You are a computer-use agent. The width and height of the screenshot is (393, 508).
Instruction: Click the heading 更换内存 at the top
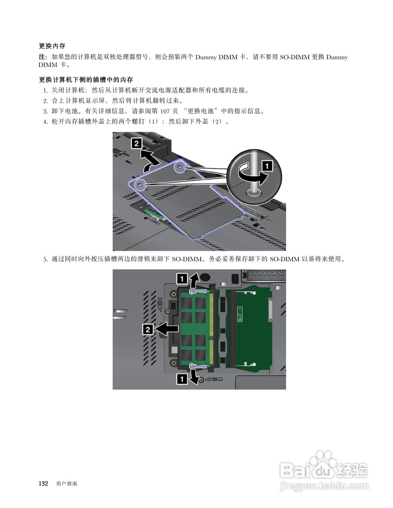tap(52, 46)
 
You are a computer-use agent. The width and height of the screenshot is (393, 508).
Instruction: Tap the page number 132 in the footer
tap(43, 483)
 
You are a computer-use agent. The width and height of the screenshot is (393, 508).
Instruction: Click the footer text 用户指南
tap(67, 484)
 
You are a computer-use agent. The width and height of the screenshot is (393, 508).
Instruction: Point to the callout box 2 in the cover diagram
tap(136, 143)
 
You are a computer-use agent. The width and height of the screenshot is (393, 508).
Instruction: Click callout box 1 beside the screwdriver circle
tap(267, 165)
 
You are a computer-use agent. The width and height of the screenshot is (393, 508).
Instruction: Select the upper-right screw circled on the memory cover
tap(180, 168)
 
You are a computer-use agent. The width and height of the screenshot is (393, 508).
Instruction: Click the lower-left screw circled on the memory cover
tap(140, 184)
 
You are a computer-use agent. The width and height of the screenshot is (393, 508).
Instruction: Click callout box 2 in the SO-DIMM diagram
tap(147, 329)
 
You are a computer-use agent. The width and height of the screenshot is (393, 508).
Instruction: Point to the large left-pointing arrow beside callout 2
tap(167, 329)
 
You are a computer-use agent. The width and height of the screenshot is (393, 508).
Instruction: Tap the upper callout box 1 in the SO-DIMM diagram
tap(182, 279)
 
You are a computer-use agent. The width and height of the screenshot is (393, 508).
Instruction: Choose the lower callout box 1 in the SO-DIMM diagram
tap(182, 379)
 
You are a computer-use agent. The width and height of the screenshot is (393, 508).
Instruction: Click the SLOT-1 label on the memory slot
tap(240, 314)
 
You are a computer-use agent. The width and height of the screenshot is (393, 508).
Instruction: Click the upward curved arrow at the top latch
tap(194, 281)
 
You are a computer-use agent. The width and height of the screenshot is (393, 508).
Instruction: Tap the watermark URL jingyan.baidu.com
tap(324, 486)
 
